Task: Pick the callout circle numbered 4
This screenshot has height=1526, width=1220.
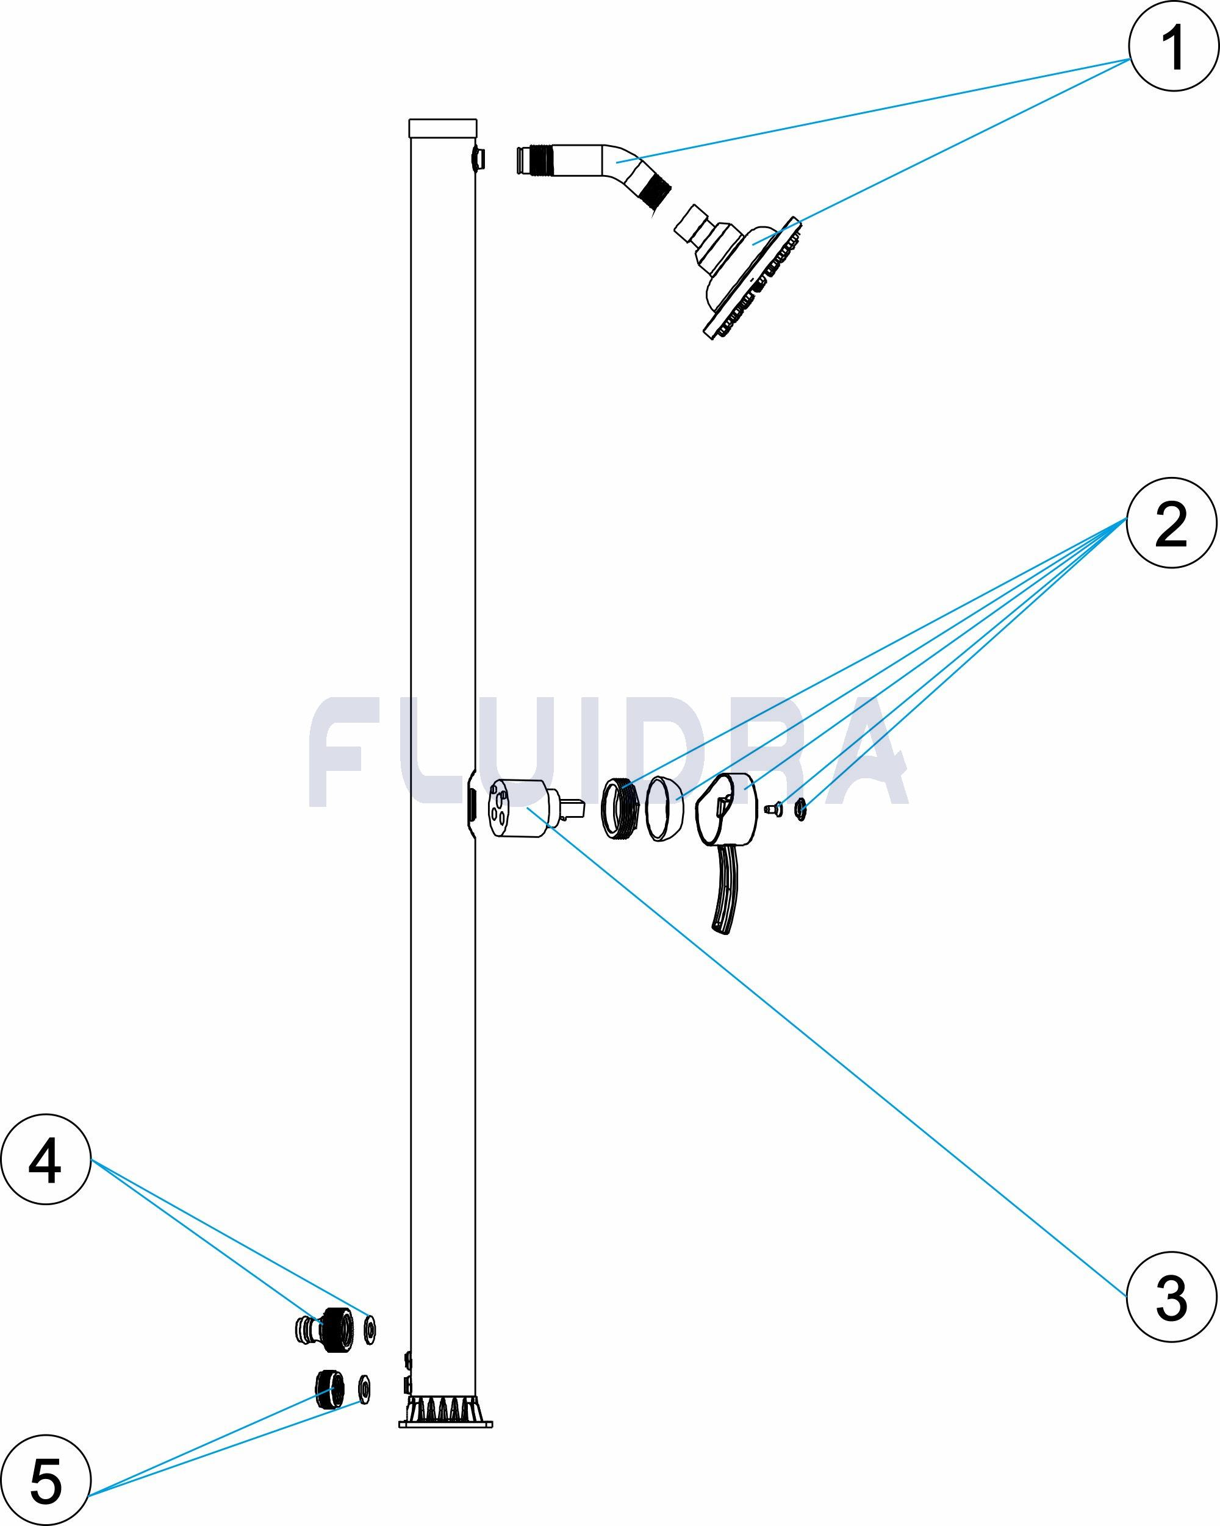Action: pos(46,1160)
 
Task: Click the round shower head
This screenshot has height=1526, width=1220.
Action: pos(750,276)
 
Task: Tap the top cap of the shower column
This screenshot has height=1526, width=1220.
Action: pos(442,129)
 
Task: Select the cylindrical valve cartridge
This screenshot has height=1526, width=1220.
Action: pos(520,808)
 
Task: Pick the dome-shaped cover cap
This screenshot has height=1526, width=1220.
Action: pos(664,808)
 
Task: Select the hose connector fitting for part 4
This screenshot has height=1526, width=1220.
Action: pos(322,1328)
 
